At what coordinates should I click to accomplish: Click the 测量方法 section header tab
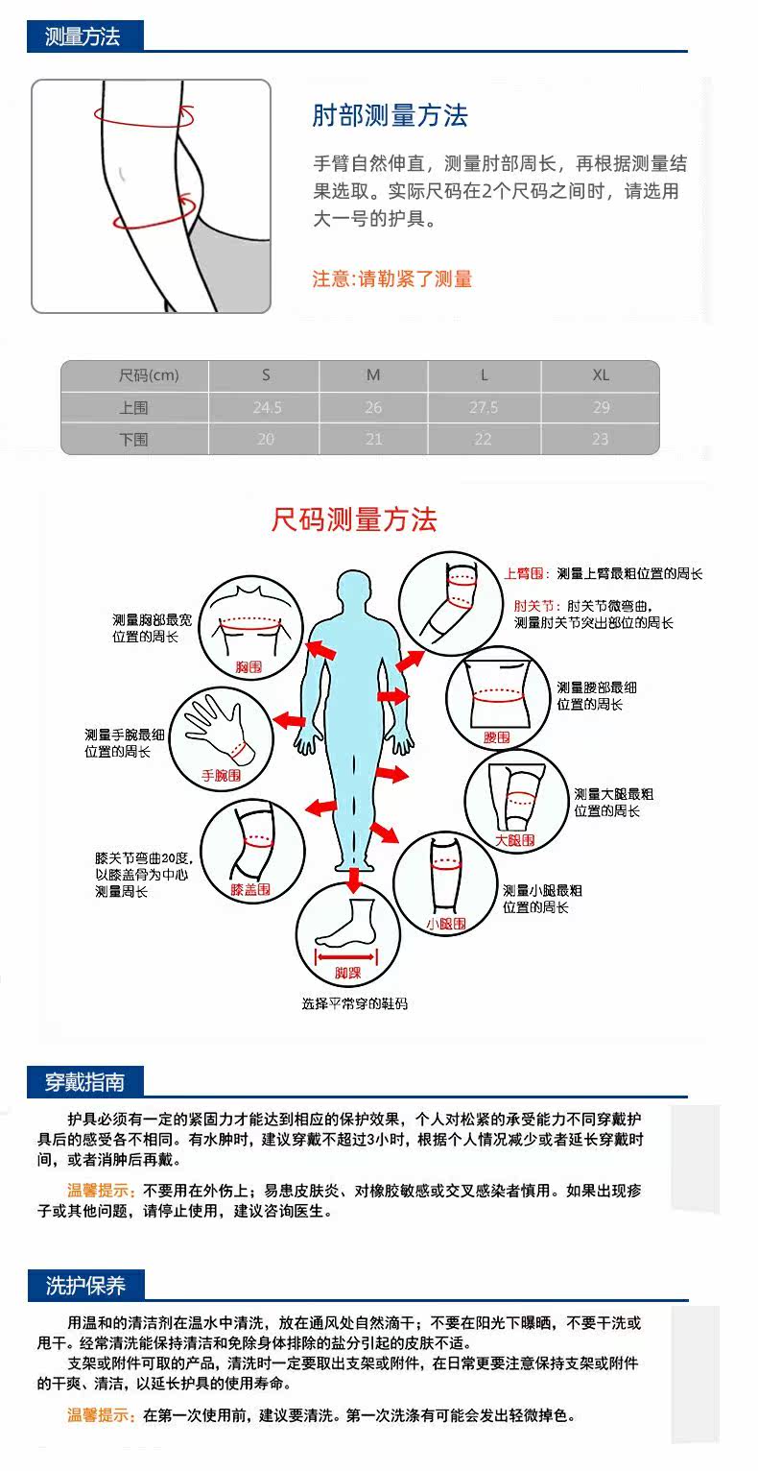pyautogui.click(x=83, y=37)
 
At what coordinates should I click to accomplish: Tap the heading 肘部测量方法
pyautogui.click(x=390, y=116)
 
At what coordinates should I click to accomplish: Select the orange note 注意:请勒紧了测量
pyautogui.click(x=392, y=279)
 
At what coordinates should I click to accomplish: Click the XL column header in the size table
pyautogui.click(x=601, y=375)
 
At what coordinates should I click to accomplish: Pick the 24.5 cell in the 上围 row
pyautogui.click(x=267, y=408)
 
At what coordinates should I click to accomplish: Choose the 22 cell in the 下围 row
pyautogui.click(x=483, y=440)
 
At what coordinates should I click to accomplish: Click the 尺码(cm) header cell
pyautogui.click(x=149, y=375)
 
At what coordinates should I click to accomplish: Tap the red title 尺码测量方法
pyautogui.click(x=354, y=520)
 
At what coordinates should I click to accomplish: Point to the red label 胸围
pyautogui.click(x=249, y=665)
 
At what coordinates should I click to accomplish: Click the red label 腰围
pyautogui.click(x=496, y=737)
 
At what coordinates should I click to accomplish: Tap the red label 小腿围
pyautogui.click(x=445, y=924)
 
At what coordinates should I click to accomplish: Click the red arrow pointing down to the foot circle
pyautogui.click(x=353, y=878)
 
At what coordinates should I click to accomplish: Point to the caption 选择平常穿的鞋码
pyautogui.click(x=354, y=1004)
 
